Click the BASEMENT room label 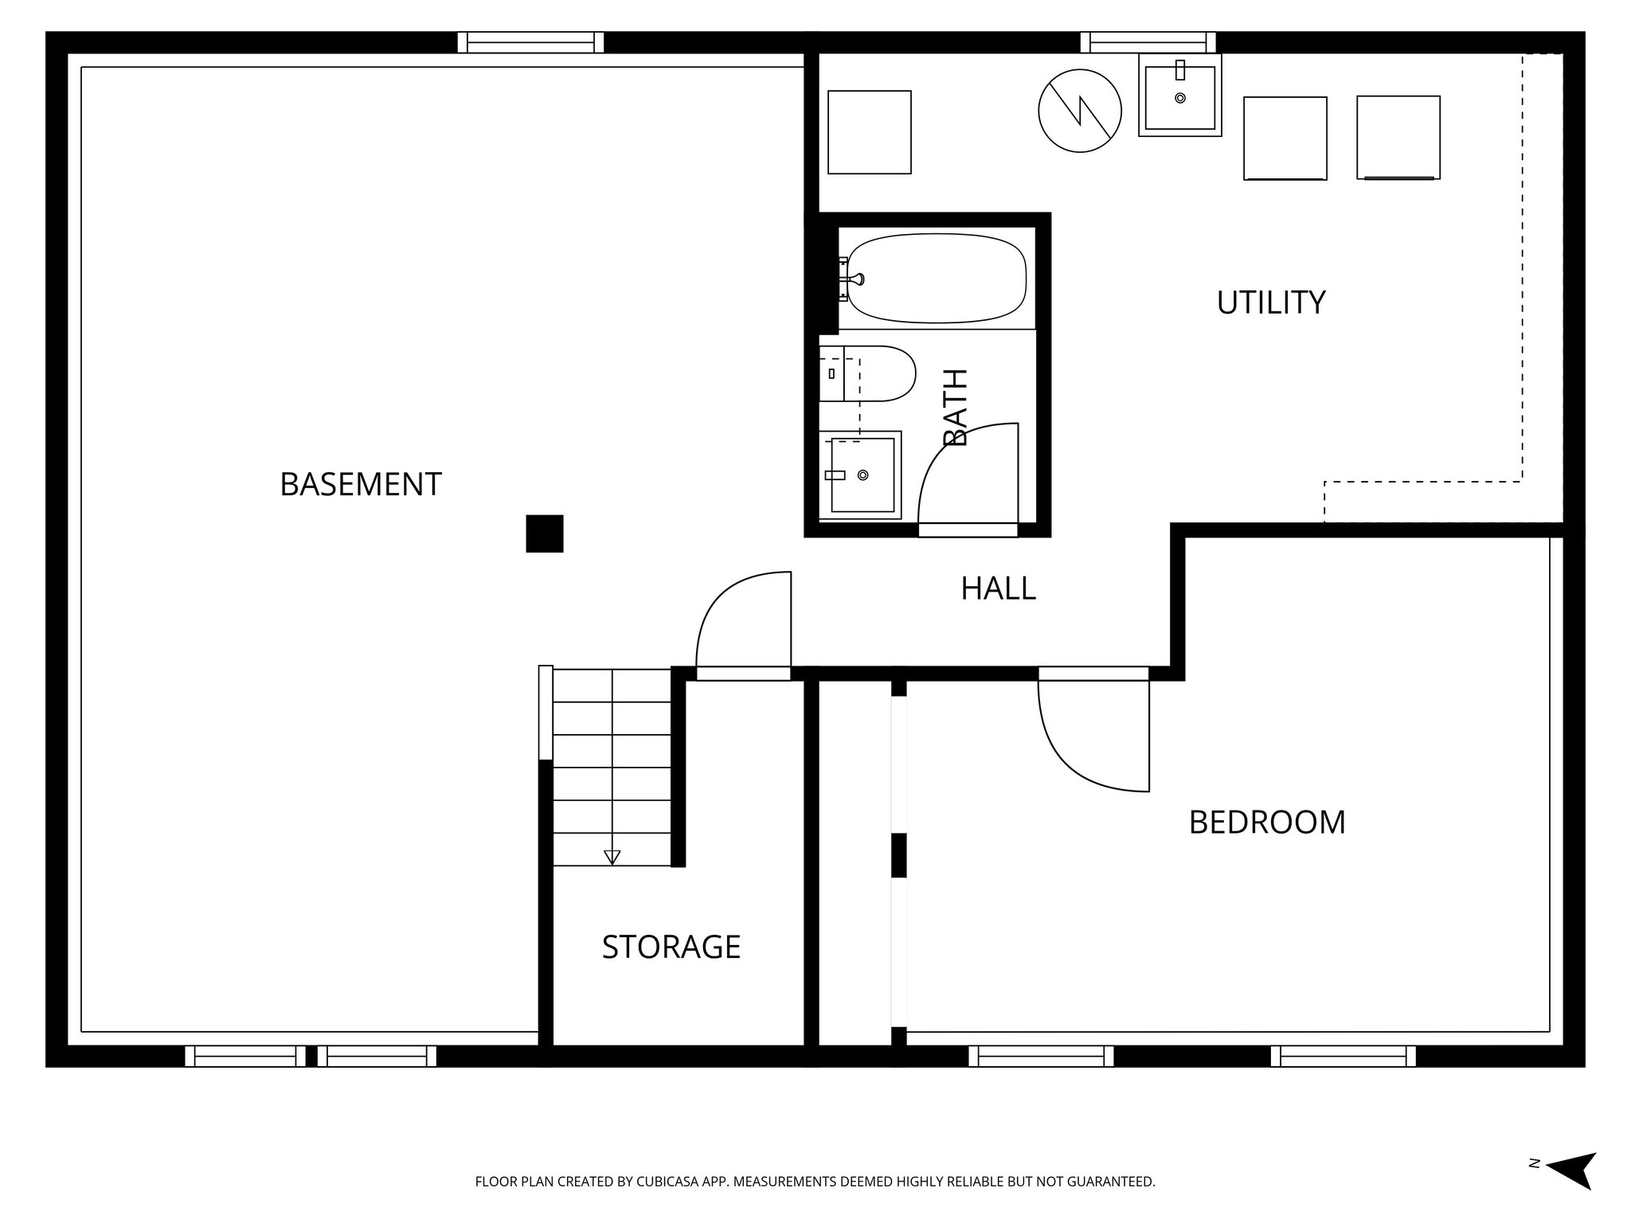click(x=361, y=484)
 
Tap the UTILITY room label click(x=1270, y=303)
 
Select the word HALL click(x=998, y=588)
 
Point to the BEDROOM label click(x=1266, y=822)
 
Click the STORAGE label click(x=671, y=947)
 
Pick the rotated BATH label click(x=955, y=407)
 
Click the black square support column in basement click(x=545, y=533)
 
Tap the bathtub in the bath click(x=936, y=278)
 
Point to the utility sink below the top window click(x=1179, y=96)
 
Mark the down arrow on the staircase click(x=612, y=857)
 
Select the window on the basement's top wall click(x=530, y=42)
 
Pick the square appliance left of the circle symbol click(x=869, y=132)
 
